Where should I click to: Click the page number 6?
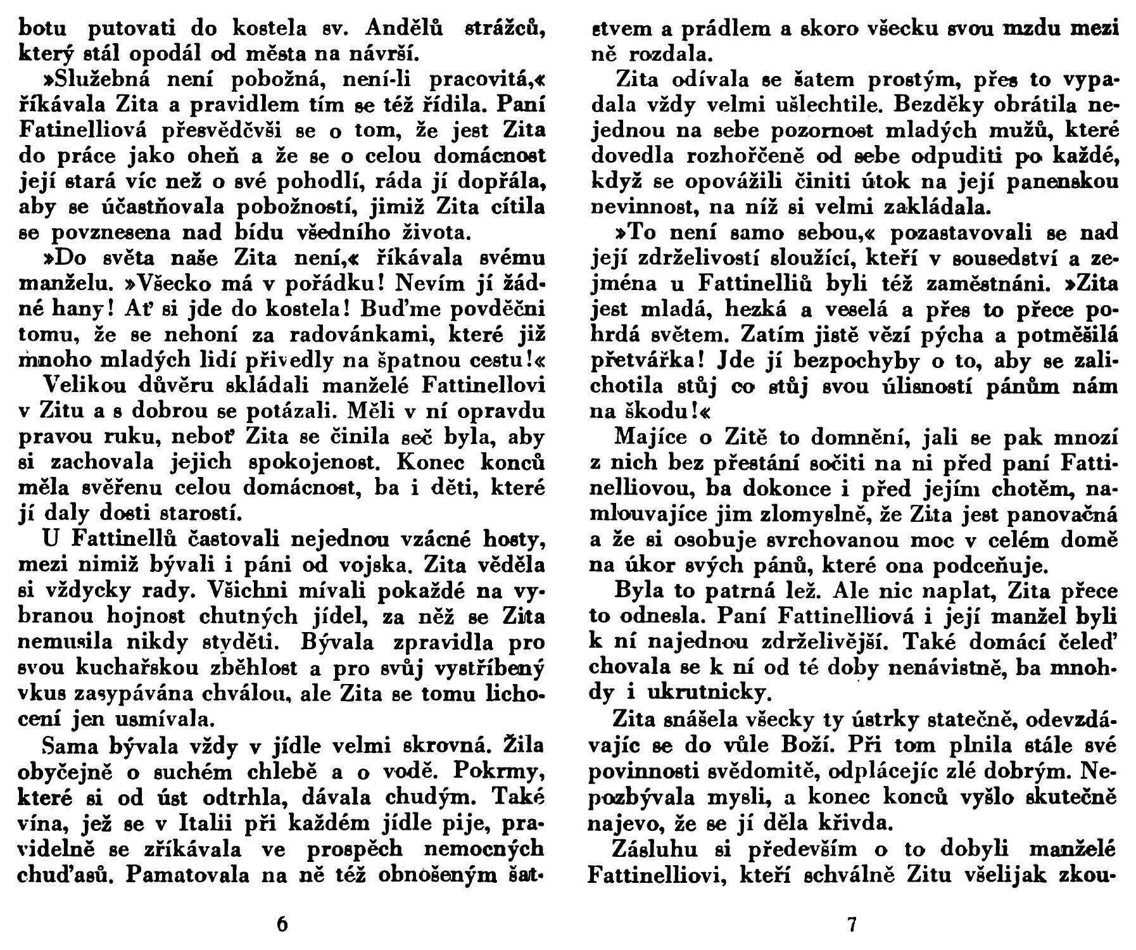[x=282, y=924]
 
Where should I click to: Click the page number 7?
[x=851, y=924]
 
